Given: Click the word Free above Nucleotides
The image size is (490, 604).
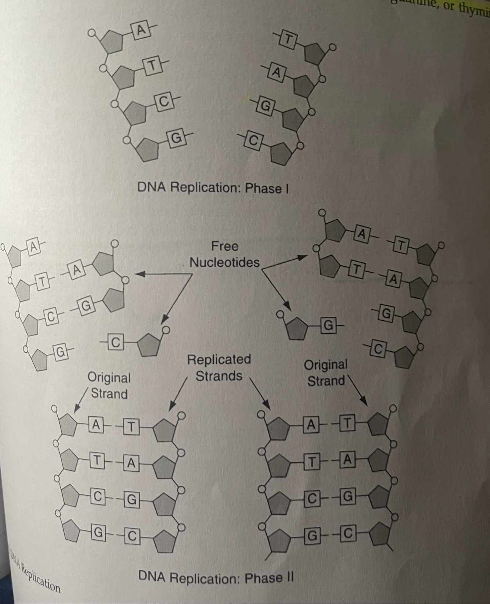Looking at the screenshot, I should pyautogui.click(x=224, y=246).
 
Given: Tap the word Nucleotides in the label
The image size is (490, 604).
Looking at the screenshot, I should pyautogui.click(x=224, y=262).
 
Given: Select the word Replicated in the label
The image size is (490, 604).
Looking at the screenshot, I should pyautogui.click(x=219, y=359).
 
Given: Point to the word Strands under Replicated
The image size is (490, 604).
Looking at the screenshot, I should pyautogui.click(x=219, y=376).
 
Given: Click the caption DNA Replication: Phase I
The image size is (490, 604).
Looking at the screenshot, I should pyautogui.click(x=213, y=188).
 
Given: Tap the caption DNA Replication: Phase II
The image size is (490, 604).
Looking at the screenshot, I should pyautogui.click(x=216, y=577).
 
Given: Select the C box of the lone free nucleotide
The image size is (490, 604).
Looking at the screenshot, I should pyautogui.click(x=115, y=342).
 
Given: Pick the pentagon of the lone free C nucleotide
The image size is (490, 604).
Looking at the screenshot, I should pyautogui.click(x=149, y=345).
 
